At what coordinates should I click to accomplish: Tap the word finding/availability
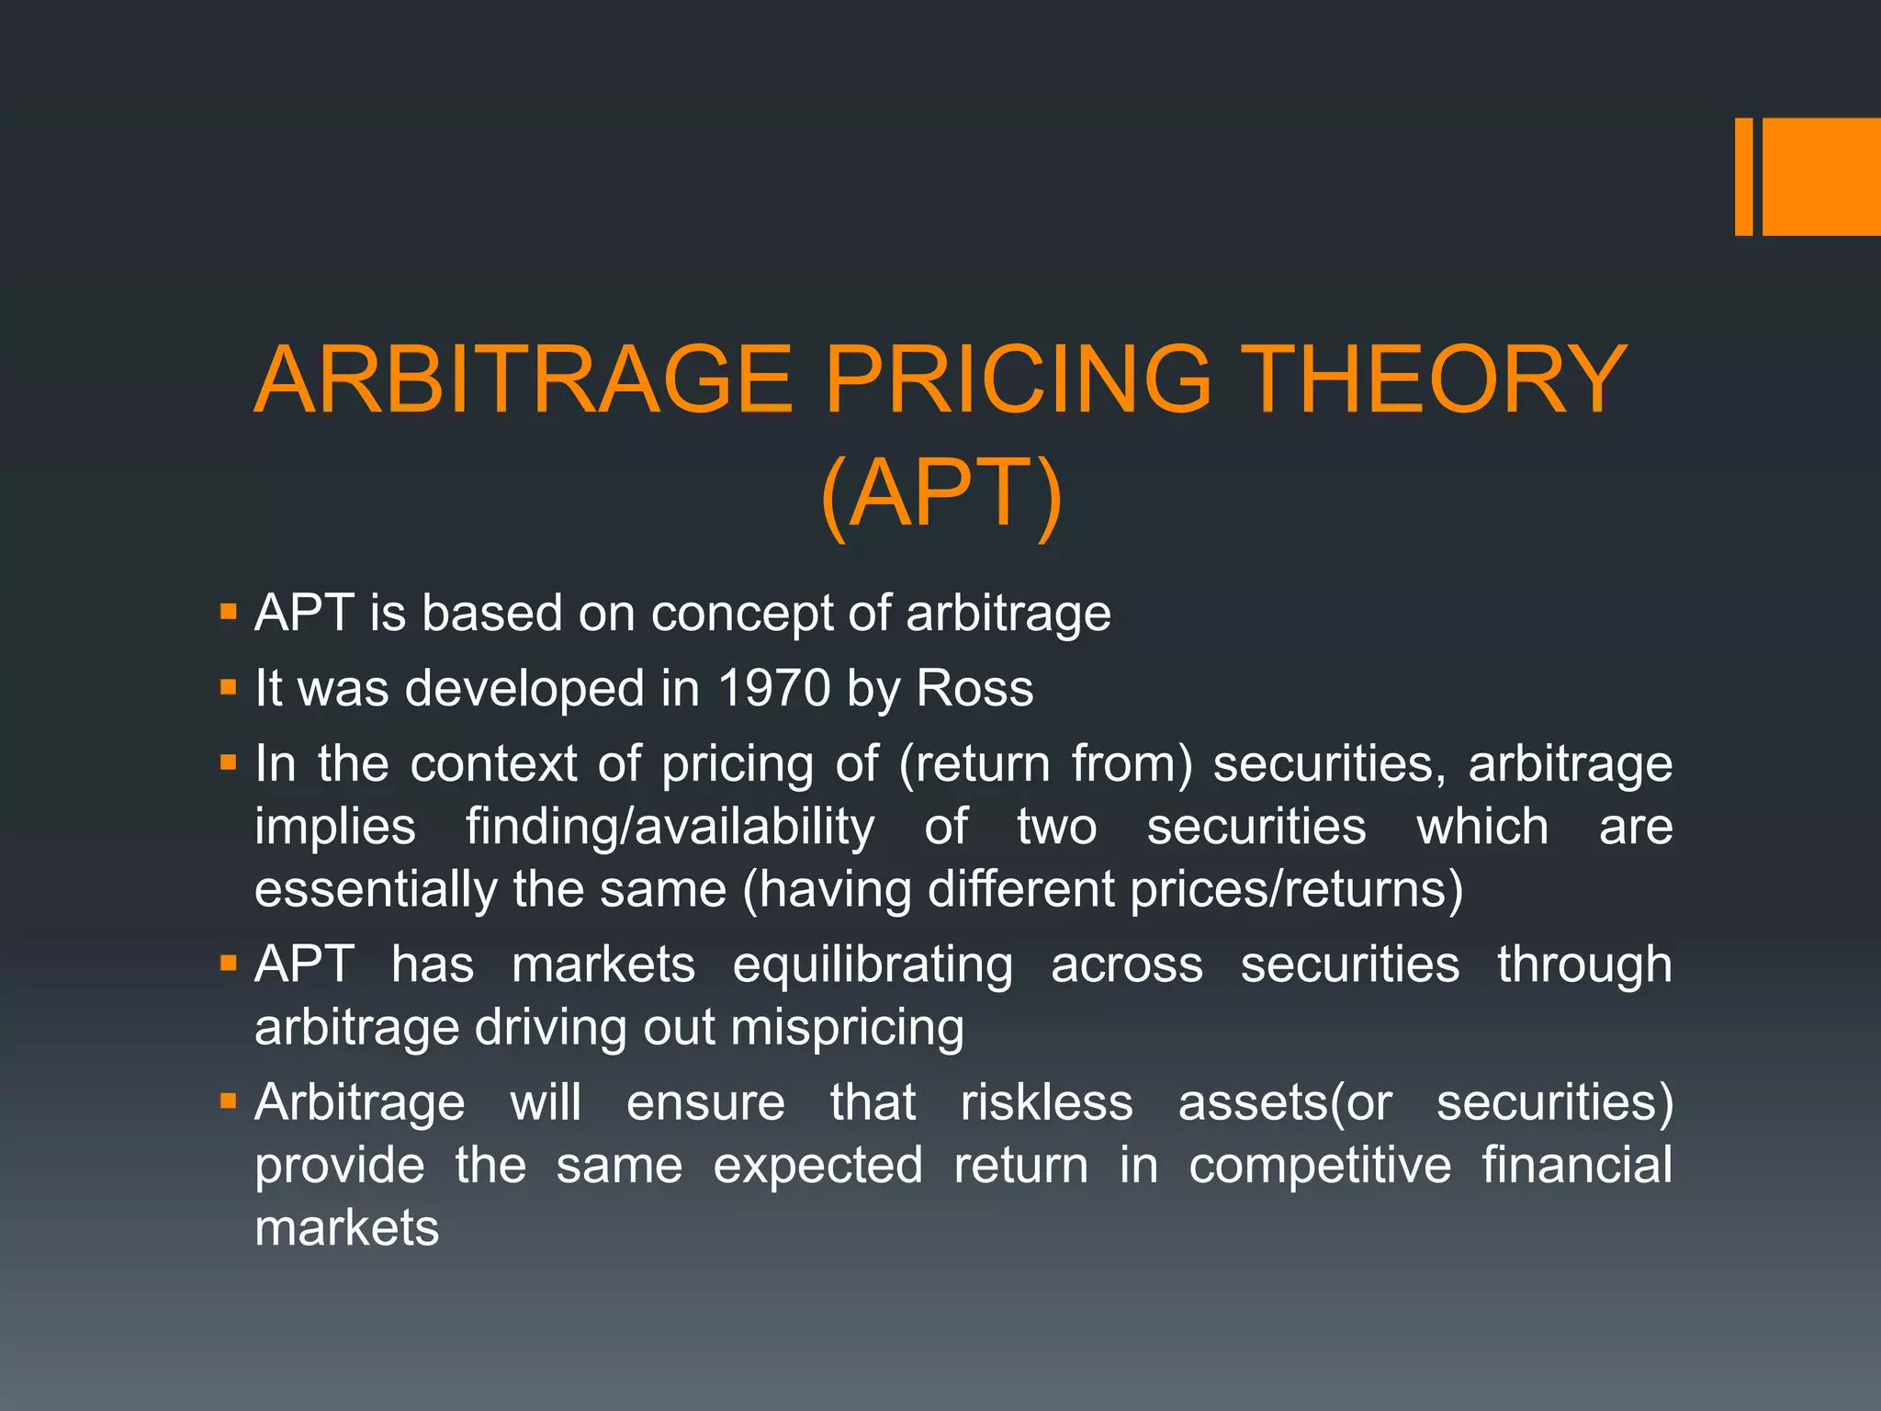click(670, 827)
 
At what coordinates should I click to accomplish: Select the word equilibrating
click(873, 965)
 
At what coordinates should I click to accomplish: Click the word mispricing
click(847, 1027)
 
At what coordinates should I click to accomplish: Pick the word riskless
click(1046, 1102)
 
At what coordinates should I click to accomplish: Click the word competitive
click(1320, 1166)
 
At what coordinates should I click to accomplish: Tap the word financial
click(1576, 1165)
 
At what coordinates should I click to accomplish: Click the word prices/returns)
click(1296, 889)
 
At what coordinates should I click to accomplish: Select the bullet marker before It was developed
click(229, 686)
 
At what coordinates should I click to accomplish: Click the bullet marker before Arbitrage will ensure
click(229, 1100)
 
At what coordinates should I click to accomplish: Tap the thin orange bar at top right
click(1743, 176)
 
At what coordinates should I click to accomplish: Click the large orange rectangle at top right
click(1821, 176)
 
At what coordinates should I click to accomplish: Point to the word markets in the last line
click(347, 1228)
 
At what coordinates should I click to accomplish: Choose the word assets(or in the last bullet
click(1285, 1102)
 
